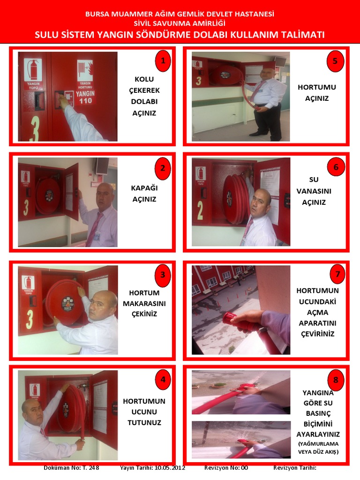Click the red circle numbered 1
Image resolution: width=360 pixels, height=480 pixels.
point(163,60)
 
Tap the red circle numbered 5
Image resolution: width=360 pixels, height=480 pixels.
point(335,60)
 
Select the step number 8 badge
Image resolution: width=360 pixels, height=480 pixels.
point(336,380)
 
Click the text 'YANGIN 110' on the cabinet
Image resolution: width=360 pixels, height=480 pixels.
point(85,97)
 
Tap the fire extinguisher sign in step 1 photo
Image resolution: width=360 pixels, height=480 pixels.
point(33,74)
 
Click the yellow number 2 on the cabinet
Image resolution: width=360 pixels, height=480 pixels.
point(200,210)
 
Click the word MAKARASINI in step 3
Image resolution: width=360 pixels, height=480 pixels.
point(144,303)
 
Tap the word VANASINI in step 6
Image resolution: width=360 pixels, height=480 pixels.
point(314,191)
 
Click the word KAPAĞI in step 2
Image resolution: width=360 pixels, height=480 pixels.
point(144,188)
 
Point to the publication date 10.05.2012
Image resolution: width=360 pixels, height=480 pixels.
point(170,468)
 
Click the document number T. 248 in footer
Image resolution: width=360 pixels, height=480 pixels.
point(91,468)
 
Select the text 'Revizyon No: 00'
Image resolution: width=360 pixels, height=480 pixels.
point(226,468)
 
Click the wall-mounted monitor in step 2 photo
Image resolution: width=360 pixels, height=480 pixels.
point(102,165)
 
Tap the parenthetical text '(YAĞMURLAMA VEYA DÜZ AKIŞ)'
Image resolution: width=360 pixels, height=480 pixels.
point(318,448)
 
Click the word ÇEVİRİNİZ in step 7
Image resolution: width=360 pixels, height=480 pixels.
point(317,334)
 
